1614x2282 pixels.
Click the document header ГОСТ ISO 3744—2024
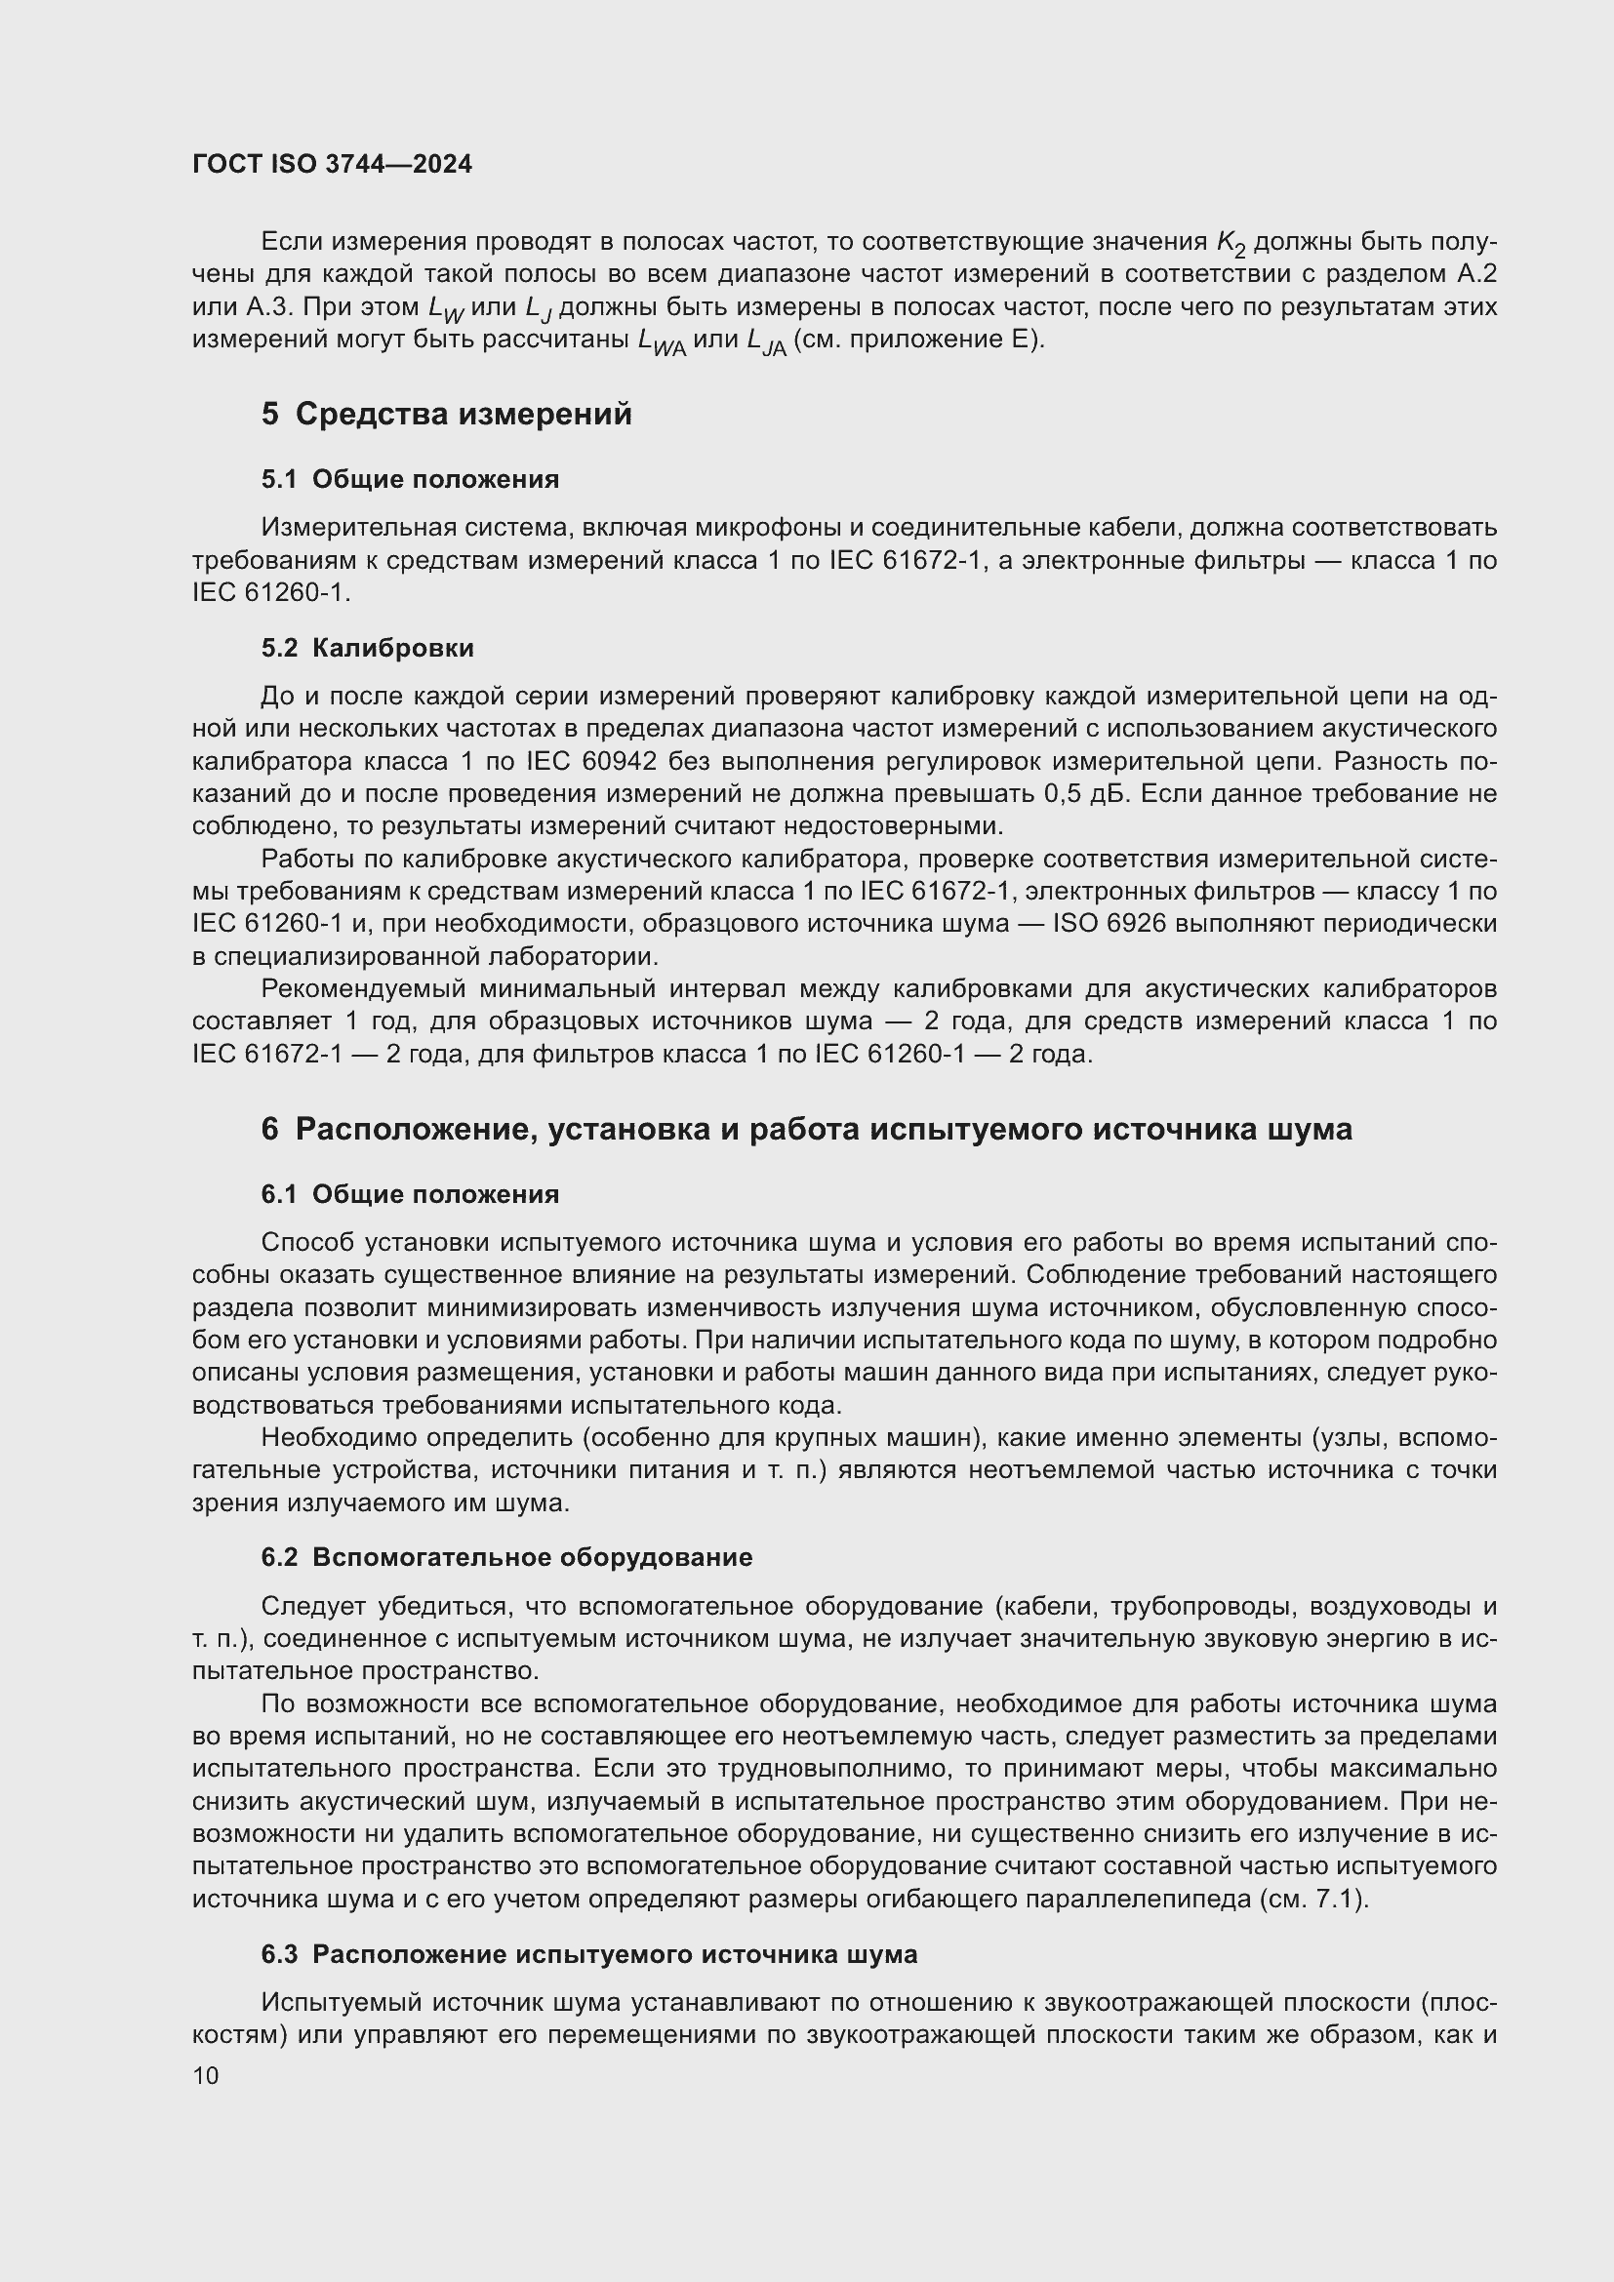(x=332, y=164)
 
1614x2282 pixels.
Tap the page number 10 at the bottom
(x=206, y=2075)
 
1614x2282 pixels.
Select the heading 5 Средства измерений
(x=446, y=414)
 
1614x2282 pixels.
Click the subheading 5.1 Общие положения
(x=410, y=479)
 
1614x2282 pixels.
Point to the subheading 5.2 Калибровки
(x=367, y=648)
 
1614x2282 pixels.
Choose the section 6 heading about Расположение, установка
(x=806, y=1129)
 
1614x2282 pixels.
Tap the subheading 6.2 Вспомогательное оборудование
(x=505, y=1556)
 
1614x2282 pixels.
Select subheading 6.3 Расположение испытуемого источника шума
(x=588, y=1954)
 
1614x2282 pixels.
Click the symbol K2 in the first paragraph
(x=1231, y=243)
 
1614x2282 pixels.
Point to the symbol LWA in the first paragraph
(x=661, y=341)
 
